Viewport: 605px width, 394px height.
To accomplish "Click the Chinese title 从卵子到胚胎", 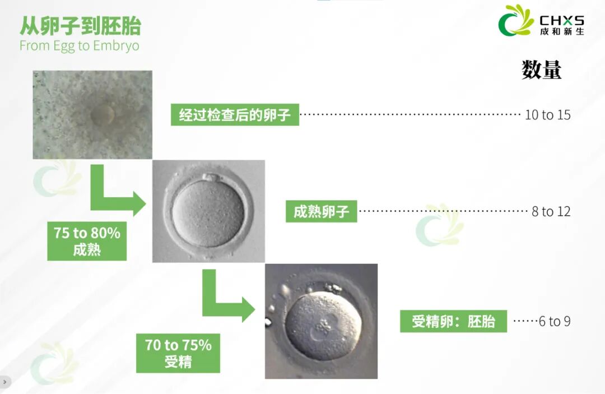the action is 80,26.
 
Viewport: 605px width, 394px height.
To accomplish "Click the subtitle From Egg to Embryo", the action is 79,45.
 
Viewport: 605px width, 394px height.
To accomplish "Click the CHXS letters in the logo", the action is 562,20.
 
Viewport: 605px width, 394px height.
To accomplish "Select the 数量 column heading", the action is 541,70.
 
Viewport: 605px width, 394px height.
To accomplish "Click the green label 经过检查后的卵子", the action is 235,114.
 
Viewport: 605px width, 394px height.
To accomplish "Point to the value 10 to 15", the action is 547,114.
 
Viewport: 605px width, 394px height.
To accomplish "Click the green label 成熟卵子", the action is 321,211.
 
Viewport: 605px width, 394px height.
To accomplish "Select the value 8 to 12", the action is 551,211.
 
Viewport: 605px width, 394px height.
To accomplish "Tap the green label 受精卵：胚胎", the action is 453,321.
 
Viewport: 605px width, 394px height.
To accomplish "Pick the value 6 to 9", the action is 555,321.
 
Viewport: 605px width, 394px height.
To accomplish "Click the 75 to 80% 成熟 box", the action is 87,241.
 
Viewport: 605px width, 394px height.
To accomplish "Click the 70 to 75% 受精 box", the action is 178,353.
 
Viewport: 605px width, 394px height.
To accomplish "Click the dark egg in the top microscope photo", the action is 103,114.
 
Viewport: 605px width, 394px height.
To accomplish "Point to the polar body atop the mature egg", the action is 210,178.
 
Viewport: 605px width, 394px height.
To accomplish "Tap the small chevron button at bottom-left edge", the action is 4,382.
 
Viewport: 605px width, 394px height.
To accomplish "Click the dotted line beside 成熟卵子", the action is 443,211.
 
